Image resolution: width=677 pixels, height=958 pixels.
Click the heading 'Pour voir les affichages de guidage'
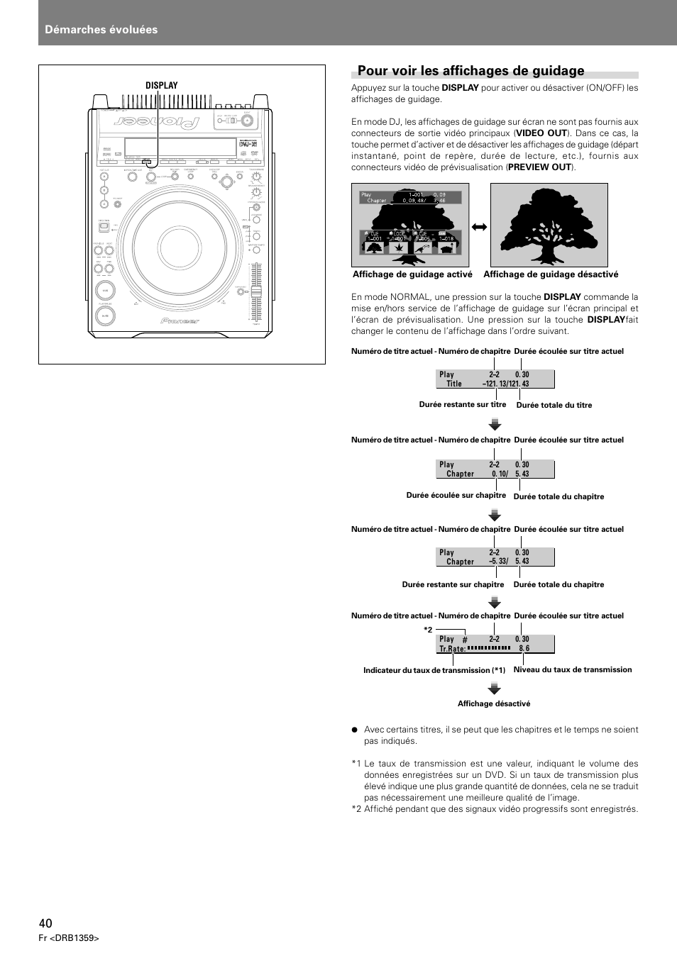470,71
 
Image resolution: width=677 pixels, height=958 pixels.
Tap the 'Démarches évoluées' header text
101,30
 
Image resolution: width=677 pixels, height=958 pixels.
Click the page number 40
45,923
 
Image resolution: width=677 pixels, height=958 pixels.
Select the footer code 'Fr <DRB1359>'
69,938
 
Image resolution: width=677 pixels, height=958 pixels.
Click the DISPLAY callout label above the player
161,86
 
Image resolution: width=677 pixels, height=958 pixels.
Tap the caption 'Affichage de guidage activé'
412,275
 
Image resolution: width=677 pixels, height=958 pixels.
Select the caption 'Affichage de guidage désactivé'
551,275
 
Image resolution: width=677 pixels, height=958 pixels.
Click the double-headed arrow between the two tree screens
480,228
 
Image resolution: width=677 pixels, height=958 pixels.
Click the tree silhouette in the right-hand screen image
549,220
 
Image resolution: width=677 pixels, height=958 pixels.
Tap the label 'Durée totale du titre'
554,406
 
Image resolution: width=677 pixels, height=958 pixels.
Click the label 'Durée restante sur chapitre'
453,585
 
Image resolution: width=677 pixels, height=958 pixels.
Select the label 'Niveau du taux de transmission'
572,669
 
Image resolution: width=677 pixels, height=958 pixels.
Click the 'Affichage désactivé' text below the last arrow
494,704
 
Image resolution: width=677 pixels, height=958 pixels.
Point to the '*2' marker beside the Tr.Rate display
428,630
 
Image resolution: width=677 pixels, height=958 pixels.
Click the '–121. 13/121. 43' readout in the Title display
505,384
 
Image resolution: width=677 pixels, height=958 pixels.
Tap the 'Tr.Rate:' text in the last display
452,649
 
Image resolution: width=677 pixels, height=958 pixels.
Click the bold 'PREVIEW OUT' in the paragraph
539,167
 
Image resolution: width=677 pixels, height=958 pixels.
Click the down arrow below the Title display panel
495,425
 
